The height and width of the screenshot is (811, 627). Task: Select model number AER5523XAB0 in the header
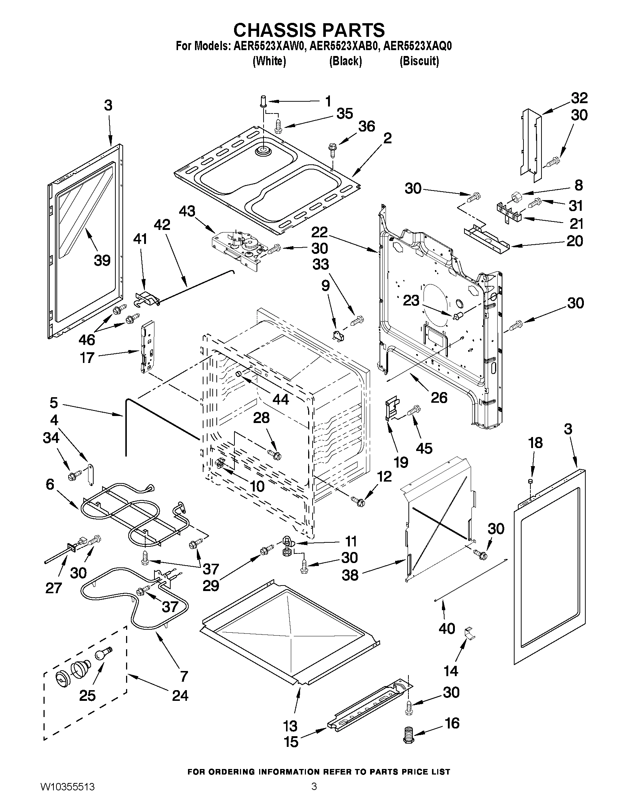point(344,46)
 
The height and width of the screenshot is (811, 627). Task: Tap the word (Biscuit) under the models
point(419,61)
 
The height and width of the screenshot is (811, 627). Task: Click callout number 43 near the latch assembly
point(187,212)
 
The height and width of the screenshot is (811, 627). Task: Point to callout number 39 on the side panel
point(102,260)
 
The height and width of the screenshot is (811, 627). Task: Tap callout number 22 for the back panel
point(320,233)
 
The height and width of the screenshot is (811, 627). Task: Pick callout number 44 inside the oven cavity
point(281,399)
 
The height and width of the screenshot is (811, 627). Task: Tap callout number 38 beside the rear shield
point(350,575)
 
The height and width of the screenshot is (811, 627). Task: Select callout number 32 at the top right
point(579,98)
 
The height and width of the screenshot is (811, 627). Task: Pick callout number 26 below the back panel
point(439,397)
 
